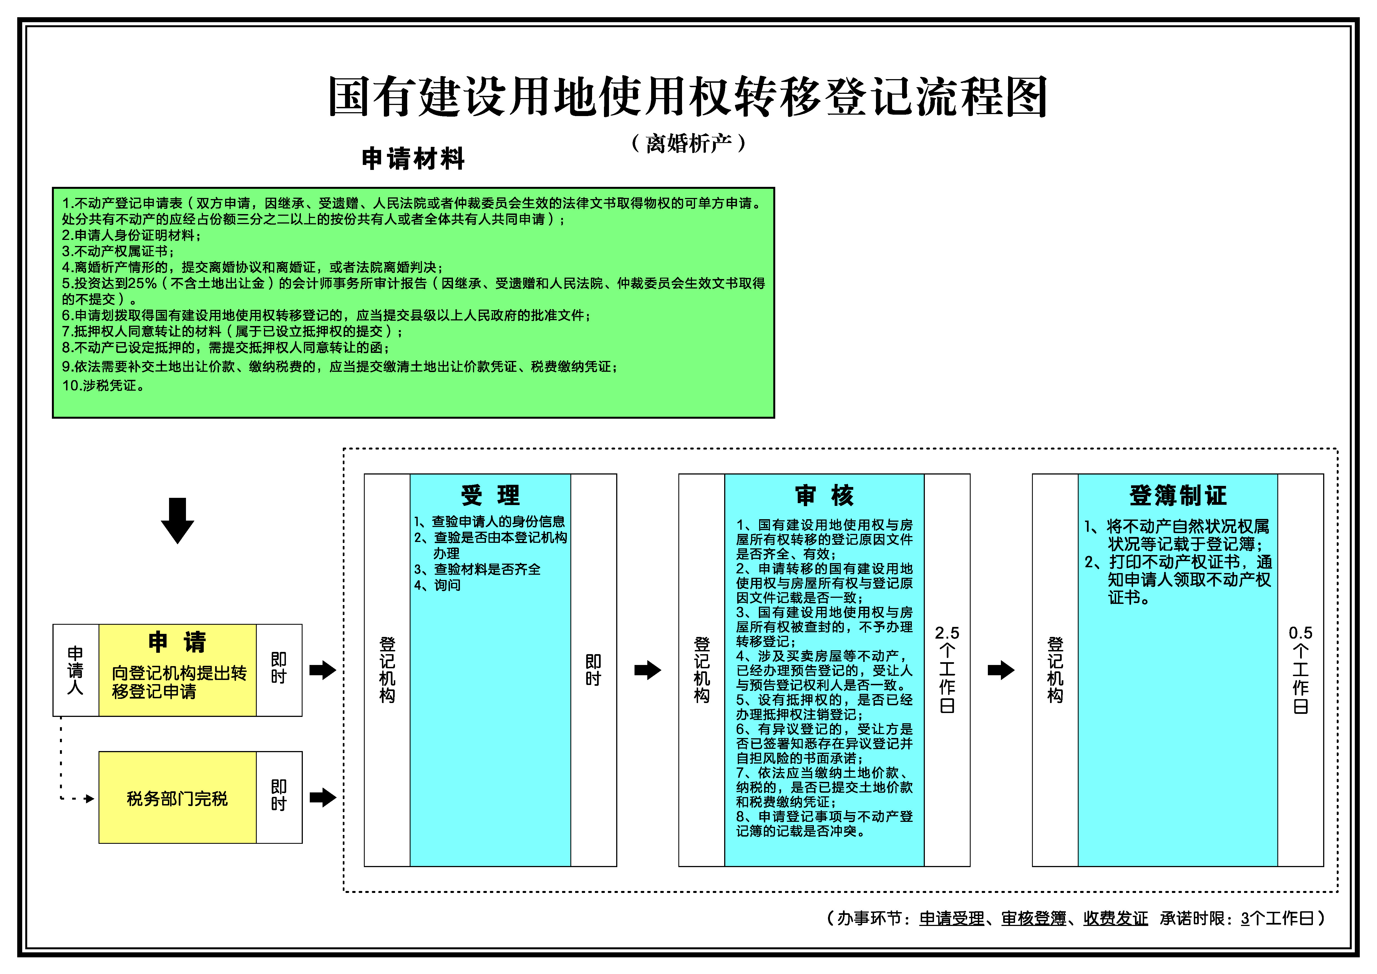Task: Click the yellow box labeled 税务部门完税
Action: [178, 798]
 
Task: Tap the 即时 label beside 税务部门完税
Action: [279, 795]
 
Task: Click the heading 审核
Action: [825, 495]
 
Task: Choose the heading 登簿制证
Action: [1178, 495]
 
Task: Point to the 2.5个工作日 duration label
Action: [947, 669]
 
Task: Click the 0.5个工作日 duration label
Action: [1300, 669]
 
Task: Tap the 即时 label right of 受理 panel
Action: [593, 670]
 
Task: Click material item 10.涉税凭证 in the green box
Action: [103, 386]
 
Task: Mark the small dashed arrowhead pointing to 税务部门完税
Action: [90, 798]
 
